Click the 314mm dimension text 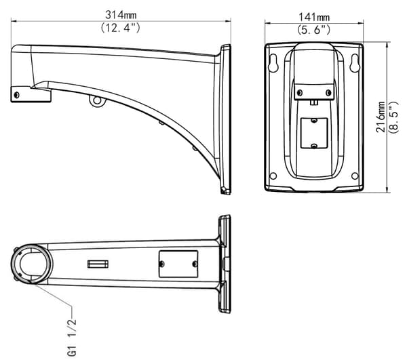121,15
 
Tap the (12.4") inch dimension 121,28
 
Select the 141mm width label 314,18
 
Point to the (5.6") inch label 314,30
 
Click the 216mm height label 381,117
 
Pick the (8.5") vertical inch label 393,117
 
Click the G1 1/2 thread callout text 72,337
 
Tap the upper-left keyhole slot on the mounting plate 273,62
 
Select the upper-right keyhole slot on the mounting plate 355,63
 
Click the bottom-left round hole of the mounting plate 273,176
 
